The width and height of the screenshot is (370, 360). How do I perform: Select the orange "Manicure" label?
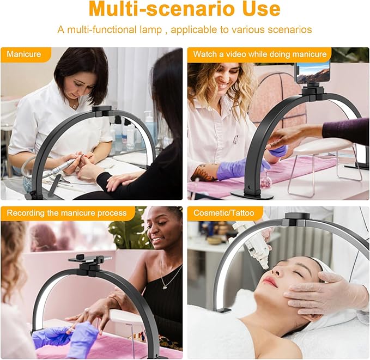coord(25,54)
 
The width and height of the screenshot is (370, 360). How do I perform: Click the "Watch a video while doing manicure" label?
coord(259,54)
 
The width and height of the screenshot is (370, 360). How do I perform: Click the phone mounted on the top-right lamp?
coord(313,72)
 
